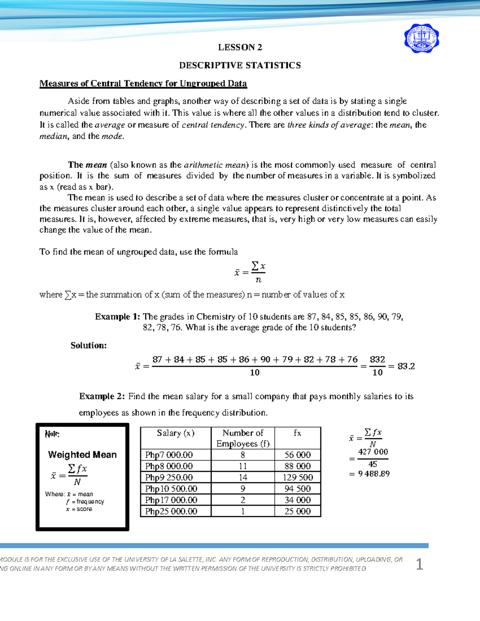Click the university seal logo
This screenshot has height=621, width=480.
coord(421,38)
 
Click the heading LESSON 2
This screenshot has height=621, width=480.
coord(240,48)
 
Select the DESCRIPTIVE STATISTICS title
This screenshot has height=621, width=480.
coord(240,66)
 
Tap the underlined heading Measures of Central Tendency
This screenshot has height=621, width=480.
coord(143,84)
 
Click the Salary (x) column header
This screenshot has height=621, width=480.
coord(176,433)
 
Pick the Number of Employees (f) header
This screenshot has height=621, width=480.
coord(243,438)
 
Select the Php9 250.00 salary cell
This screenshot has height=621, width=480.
coord(169,477)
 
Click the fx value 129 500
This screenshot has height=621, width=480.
coord(298,477)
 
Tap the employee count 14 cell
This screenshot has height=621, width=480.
coord(243,477)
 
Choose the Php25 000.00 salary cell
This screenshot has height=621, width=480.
coord(171,511)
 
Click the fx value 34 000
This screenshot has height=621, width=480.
coord(298,500)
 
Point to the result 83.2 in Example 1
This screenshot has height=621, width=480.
coord(406,366)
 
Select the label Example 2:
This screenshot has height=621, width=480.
coord(102,396)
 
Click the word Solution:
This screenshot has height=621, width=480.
coord(89,345)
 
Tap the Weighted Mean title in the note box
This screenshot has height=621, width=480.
coord(82,455)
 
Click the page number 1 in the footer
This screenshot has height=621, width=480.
coord(419,565)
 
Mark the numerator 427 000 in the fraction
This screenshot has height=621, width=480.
coord(373,452)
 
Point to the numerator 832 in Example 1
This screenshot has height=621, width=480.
coord(377,359)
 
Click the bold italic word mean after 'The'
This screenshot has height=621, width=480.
coord(96,165)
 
